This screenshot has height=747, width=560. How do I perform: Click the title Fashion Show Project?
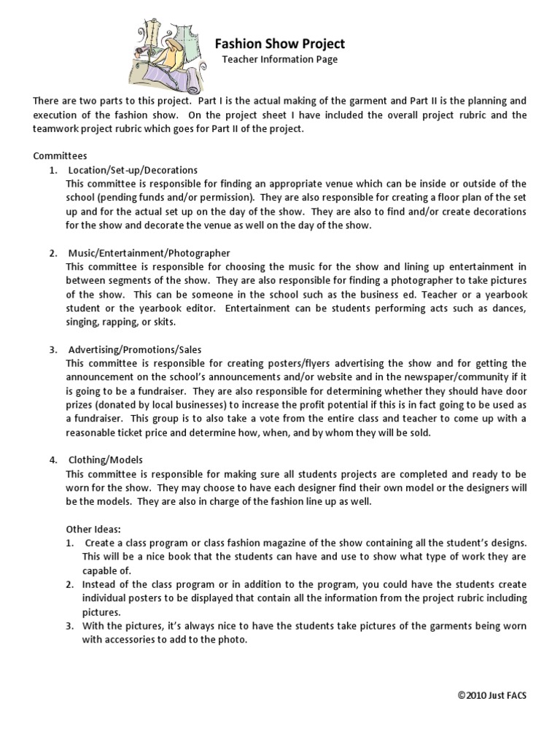(x=280, y=44)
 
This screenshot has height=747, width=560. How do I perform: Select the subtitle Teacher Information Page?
(x=280, y=60)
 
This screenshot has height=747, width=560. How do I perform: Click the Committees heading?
(x=60, y=155)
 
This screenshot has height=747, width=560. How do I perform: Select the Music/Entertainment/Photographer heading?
(x=149, y=253)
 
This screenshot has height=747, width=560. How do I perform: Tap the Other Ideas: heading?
(x=93, y=529)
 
